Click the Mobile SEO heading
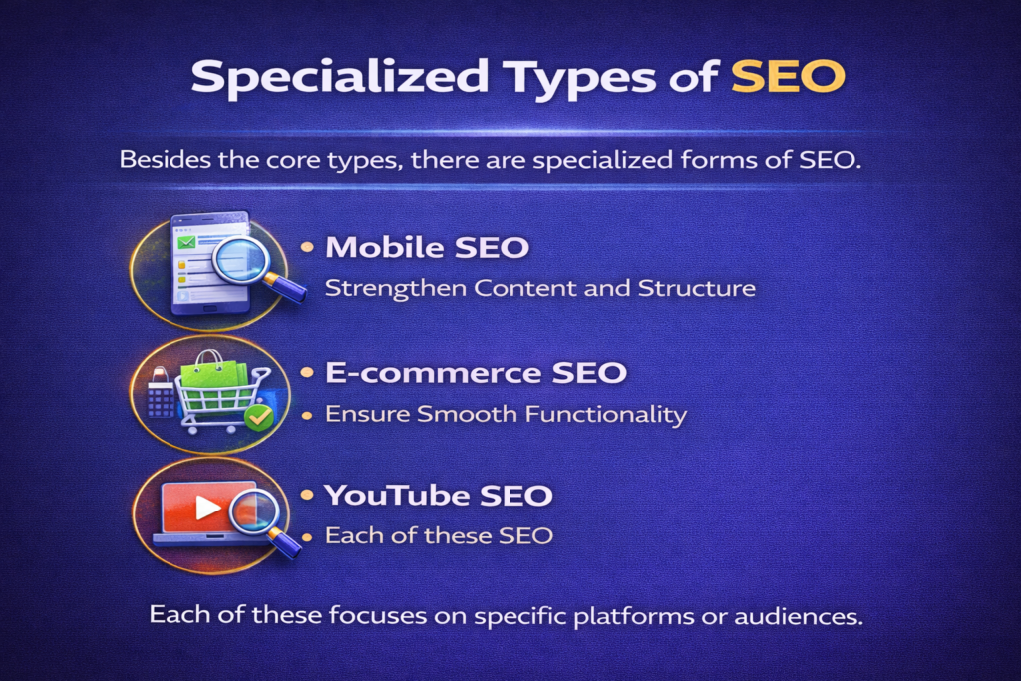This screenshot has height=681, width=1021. tap(427, 248)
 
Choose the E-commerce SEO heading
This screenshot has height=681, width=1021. tap(476, 374)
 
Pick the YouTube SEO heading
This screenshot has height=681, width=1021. tap(440, 495)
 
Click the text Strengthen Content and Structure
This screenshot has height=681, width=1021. tap(540, 289)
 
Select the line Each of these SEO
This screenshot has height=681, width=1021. tap(439, 535)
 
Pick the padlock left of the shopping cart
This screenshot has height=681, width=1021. tap(161, 395)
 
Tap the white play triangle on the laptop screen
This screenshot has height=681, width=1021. tap(207, 509)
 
